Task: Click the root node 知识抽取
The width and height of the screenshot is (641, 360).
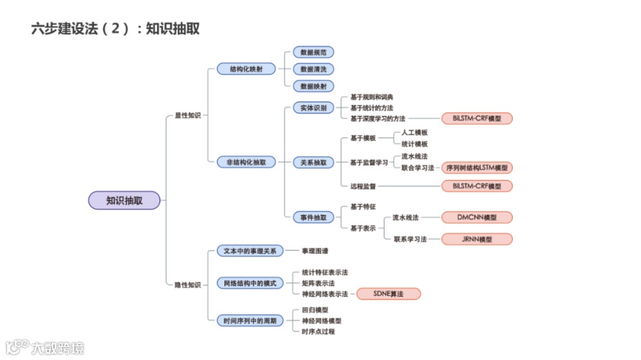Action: [x=124, y=201]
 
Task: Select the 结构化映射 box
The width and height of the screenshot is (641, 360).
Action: [x=246, y=69]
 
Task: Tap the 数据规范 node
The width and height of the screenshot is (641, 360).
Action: [x=313, y=53]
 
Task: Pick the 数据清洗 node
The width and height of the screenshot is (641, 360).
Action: [x=313, y=69]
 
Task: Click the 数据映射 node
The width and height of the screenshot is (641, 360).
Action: [x=313, y=86]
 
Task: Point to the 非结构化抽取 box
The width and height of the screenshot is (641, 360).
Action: [x=246, y=162]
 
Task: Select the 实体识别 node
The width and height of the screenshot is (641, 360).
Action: [x=313, y=108]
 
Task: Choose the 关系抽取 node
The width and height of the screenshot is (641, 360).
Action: [x=313, y=162]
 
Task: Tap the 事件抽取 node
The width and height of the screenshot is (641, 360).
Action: [x=313, y=217]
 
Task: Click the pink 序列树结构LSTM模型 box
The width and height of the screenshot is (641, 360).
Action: [x=476, y=168]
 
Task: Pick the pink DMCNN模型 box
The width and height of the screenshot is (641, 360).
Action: [x=476, y=217]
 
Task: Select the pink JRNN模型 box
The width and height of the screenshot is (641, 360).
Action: [x=476, y=239]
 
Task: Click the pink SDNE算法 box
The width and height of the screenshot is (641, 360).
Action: [x=387, y=294]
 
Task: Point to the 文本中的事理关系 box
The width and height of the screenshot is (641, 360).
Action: [x=250, y=250]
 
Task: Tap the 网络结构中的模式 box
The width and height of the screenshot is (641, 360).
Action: [x=250, y=283]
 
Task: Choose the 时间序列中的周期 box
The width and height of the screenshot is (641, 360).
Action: [x=250, y=321]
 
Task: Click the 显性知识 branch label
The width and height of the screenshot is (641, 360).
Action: [x=188, y=115]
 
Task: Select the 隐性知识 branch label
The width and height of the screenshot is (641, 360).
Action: [x=188, y=285]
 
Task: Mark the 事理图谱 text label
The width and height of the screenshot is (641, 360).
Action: [x=315, y=250]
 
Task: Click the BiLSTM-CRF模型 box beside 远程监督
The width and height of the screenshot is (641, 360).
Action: [x=476, y=186]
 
